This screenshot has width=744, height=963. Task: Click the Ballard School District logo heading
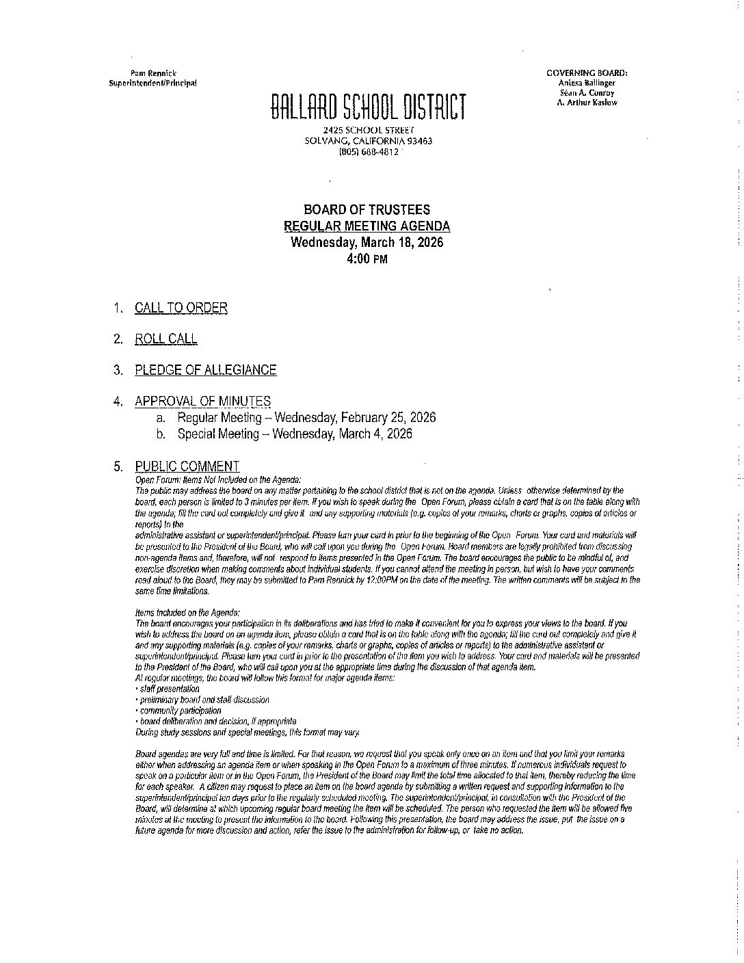point(369,108)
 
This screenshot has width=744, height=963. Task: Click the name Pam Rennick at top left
point(153,73)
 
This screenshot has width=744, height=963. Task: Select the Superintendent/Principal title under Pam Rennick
point(153,83)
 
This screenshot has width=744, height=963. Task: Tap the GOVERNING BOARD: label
point(587,73)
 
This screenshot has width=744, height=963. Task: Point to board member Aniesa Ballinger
point(587,83)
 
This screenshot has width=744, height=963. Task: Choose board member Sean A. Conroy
point(587,92)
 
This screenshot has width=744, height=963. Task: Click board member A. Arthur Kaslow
point(587,102)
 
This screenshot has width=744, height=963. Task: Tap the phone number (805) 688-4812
point(369,152)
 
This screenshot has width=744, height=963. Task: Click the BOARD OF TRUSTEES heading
point(367,210)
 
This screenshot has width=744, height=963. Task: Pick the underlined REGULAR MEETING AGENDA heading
point(367,226)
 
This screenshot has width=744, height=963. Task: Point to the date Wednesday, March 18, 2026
point(367,243)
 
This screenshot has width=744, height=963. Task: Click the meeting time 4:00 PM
point(367,259)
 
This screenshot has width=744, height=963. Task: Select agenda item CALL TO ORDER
point(181,308)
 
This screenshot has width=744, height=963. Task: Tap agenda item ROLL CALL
point(166,339)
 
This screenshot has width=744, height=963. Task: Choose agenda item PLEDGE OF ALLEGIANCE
point(206,370)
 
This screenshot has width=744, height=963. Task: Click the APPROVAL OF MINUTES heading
point(202,401)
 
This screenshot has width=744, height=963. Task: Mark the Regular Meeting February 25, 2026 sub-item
point(306,417)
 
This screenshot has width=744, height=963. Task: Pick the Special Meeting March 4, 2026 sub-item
point(295,434)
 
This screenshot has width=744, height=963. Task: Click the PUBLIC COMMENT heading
point(187,466)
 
